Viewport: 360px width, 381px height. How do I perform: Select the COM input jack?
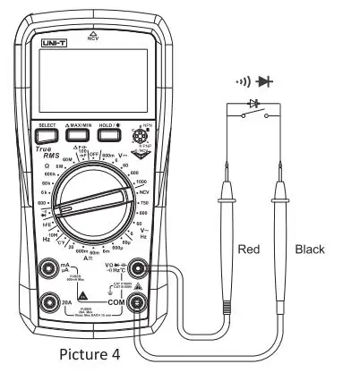pyautogui.click(x=139, y=302)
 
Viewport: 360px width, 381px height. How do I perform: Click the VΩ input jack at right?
pyautogui.click(x=139, y=267)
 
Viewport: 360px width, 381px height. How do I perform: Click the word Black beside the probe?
pyautogui.click(x=309, y=249)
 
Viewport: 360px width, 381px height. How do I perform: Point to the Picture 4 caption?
pyautogui.click(x=90, y=353)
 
